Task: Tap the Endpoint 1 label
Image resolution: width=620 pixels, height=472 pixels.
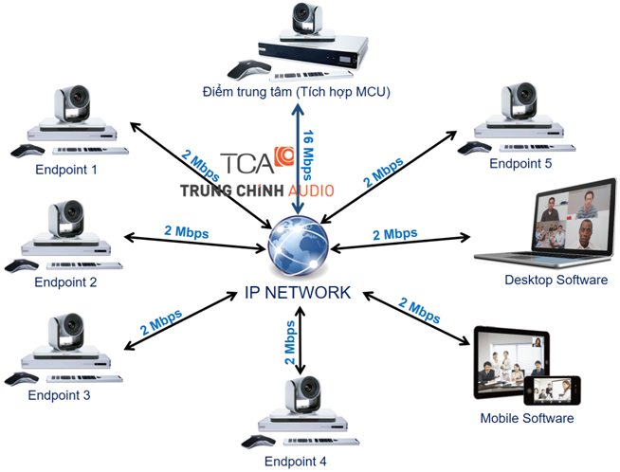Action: (66, 170)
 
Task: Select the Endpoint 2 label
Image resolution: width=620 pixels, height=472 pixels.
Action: (66, 281)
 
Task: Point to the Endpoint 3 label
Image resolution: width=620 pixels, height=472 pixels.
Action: (59, 394)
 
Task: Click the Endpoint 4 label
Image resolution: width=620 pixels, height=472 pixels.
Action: (295, 462)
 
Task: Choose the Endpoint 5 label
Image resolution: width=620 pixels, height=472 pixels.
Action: (520, 163)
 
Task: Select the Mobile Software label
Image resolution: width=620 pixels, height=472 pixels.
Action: (527, 417)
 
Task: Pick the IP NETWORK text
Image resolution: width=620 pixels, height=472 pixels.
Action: (297, 292)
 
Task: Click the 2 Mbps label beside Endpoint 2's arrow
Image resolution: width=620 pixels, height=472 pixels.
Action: (187, 231)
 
